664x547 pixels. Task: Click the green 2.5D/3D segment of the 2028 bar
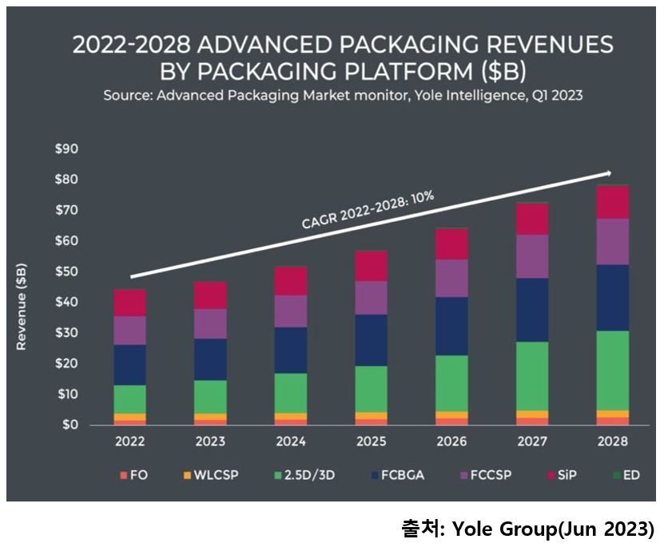coord(613,371)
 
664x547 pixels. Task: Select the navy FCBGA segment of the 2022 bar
coord(129,365)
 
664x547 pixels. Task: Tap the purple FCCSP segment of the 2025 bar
coord(372,298)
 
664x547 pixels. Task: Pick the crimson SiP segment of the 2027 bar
coord(532,219)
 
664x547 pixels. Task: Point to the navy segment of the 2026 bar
coord(451,326)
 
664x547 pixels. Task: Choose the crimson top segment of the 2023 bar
coord(210,295)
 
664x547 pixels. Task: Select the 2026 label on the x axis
coord(451,441)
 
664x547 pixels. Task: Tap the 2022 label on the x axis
coord(129,441)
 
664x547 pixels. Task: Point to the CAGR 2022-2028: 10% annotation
coord(368,211)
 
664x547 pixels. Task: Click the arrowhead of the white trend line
coord(609,172)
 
